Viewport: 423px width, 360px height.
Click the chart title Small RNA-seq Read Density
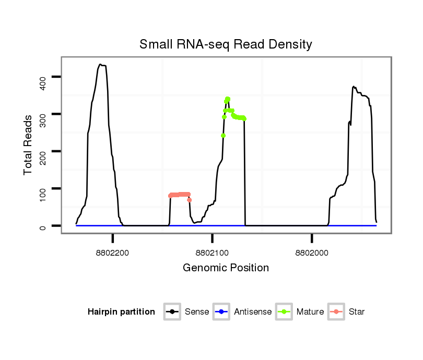(226, 44)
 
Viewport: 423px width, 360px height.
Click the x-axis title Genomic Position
(226, 268)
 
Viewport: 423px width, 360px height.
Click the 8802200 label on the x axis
(113, 253)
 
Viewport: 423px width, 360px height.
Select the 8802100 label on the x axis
(212, 253)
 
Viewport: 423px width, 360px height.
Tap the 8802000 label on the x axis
(311, 253)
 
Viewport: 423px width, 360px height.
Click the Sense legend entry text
(197, 312)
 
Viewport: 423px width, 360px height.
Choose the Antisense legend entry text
(253, 312)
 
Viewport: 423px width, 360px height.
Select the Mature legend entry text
(310, 312)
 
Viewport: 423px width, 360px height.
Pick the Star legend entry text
(357, 312)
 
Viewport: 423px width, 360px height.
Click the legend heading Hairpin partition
(121, 312)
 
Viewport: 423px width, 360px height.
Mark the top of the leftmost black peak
(100, 65)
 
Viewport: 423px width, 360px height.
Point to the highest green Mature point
(228, 99)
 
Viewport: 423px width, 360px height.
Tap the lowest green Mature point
(224, 136)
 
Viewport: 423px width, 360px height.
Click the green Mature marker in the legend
(283, 312)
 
